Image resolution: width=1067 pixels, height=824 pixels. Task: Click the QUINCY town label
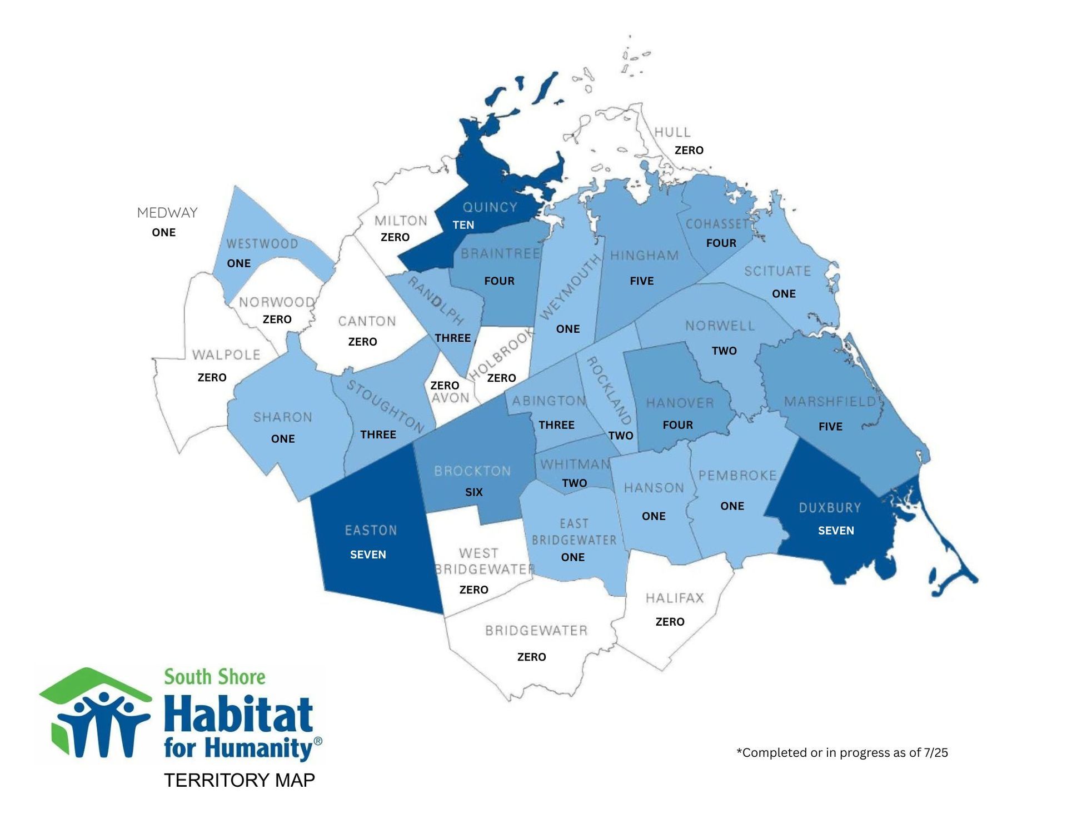pyautogui.click(x=490, y=207)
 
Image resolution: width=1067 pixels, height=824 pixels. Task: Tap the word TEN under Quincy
pyautogui.click(x=463, y=225)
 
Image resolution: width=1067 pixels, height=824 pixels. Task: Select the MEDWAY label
pyautogui.click(x=167, y=213)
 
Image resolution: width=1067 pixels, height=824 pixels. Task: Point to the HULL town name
pyautogui.click(x=672, y=132)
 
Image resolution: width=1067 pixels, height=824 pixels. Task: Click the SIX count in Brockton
pyautogui.click(x=473, y=492)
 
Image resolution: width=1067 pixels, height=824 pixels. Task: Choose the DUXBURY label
pyautogui.click(x=830, y=508)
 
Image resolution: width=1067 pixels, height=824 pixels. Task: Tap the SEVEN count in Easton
pyautogui.click(x=368, y=555)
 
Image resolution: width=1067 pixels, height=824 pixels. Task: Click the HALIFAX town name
pyautogui.click(x=675, y=598)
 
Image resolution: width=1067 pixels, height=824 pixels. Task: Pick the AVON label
pyautogui.click(x=450, y=398)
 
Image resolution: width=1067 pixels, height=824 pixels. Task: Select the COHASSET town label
pyautogui.click(x=717, y=224)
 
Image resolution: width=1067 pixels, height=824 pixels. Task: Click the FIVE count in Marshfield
pyautogui.click(x=830, y=427)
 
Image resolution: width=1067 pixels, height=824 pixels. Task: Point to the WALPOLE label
pyautogui.click(x=226, y=354)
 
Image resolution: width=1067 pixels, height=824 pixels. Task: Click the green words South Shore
pyautogui.click(x=215, y=677)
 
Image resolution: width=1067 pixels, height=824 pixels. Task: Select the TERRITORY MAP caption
pyautogui.click(x=240, y=780)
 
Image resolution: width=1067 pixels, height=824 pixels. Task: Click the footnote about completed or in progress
pyautogui.click(x=842, y=752)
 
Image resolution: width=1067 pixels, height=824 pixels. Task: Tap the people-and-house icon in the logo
pyautogui.click(x=95, y=714)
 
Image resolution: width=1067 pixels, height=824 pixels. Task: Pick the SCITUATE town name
pyautogui.click(x=777, y=271)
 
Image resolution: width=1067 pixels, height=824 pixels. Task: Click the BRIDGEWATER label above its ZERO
pyautogui.click(x=536, y=631)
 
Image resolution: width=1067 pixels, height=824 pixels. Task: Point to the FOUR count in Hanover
pyautogui.click(x=677, y=425)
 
